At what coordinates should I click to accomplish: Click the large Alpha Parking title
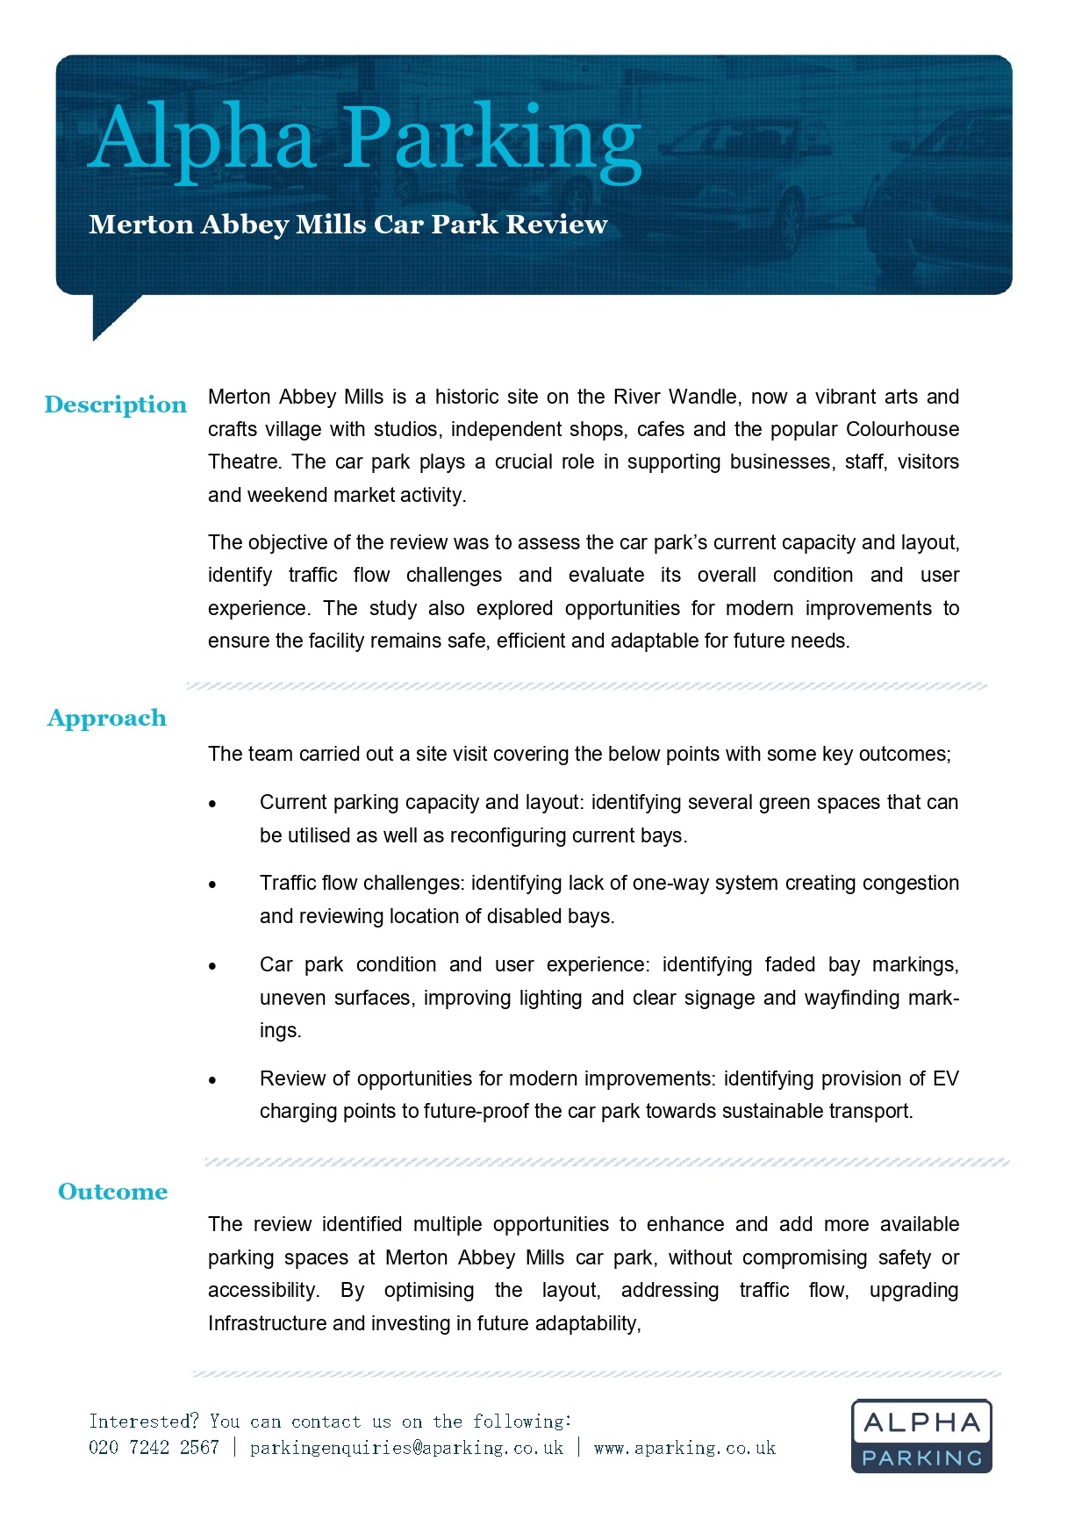coord(364,139)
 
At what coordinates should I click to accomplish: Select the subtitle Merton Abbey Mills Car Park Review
coord(347,225)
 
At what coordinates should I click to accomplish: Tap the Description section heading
coord(116,405)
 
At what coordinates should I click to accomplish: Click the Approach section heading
coord(107,718)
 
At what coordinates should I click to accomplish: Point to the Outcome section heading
coord(112,1192)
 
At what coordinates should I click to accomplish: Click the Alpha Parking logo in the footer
coord(921,1436)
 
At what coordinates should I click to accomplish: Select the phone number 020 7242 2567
coord(154,1448)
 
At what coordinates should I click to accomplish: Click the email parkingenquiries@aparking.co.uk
coord(406,1448)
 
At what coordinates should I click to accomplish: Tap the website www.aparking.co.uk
coord(684,1448)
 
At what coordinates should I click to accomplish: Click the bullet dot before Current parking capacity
coord(212,804)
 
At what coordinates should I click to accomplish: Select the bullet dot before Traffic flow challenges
coord(212,885)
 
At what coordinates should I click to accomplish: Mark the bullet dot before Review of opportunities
coord(212,1080)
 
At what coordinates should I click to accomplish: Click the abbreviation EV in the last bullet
coord(945,1078)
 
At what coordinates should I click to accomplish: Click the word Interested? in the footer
coord(144,1422)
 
